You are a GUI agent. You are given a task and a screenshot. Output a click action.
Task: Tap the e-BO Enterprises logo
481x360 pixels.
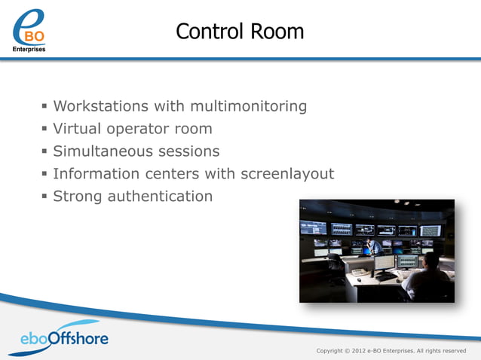click(x=29, y=30)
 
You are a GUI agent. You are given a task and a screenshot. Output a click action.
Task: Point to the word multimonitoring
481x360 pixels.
click(x=246, y=106)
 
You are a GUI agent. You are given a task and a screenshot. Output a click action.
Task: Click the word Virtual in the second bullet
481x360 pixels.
click(x=78, y=129)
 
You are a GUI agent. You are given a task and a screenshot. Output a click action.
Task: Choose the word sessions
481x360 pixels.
click(x=189, y=151)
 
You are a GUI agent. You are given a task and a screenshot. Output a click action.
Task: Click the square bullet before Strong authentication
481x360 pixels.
click(x=45, y=197)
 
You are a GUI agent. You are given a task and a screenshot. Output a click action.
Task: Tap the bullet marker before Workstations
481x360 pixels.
click(x=45, y=106)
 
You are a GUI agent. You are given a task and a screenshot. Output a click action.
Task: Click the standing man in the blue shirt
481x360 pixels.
click(x=374, y=246)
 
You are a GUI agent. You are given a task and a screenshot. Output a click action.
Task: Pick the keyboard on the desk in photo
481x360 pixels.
click(x=384, y=276)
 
